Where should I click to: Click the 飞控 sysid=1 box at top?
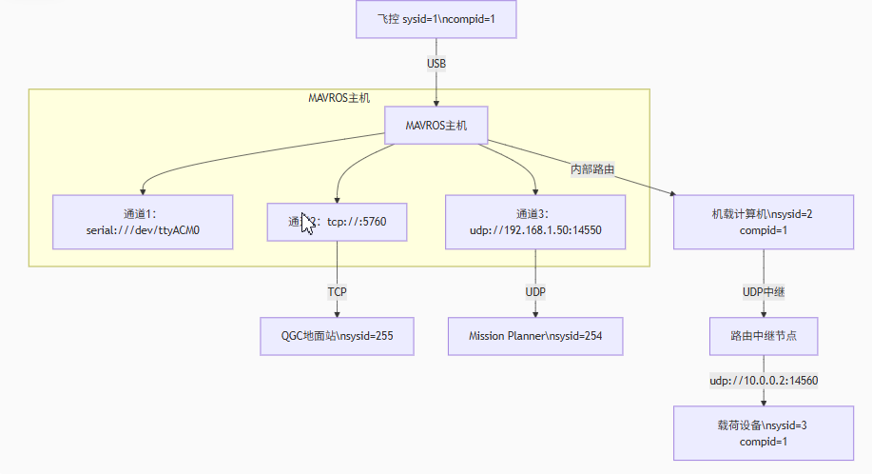click(x=436, y=19)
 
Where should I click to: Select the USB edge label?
click(x=436, y=63)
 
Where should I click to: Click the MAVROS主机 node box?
click(x=436, y=125)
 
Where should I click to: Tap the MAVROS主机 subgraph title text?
click(x=339, y=97)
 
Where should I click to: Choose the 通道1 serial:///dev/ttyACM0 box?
click(x=143, y=222)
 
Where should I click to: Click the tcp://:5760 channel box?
click(x=338, y=222)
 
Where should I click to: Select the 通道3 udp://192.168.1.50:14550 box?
click(x=536, y=222)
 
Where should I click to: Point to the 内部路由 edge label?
click(x=591, y=168)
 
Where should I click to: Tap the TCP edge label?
click(x=338, y=291)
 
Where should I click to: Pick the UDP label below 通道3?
click(x=536, y=291)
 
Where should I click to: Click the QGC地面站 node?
click(x=338, y=336)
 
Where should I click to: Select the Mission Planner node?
click(x=536, y=336)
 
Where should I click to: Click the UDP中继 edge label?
click(x=763, y=291)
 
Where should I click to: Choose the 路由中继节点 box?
click(x=763, y=336)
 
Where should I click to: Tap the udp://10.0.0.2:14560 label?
click(x=763, y=380)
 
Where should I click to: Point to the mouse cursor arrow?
click(x=306, y=223)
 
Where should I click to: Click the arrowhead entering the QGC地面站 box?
click(x=338, y=313)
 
